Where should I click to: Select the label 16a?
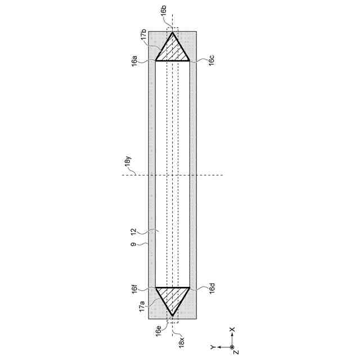click(x=134, y=61)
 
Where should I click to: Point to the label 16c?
click(x=211, y=60)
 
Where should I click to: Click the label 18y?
click(x=128, y=160)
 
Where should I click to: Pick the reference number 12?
click(x=133, y=231)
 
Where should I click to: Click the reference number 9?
click(x=133, y=244)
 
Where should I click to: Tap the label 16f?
click(x=134, y=289)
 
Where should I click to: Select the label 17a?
click(x=142, y=306)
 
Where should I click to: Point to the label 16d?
click(x=212, y=287)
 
